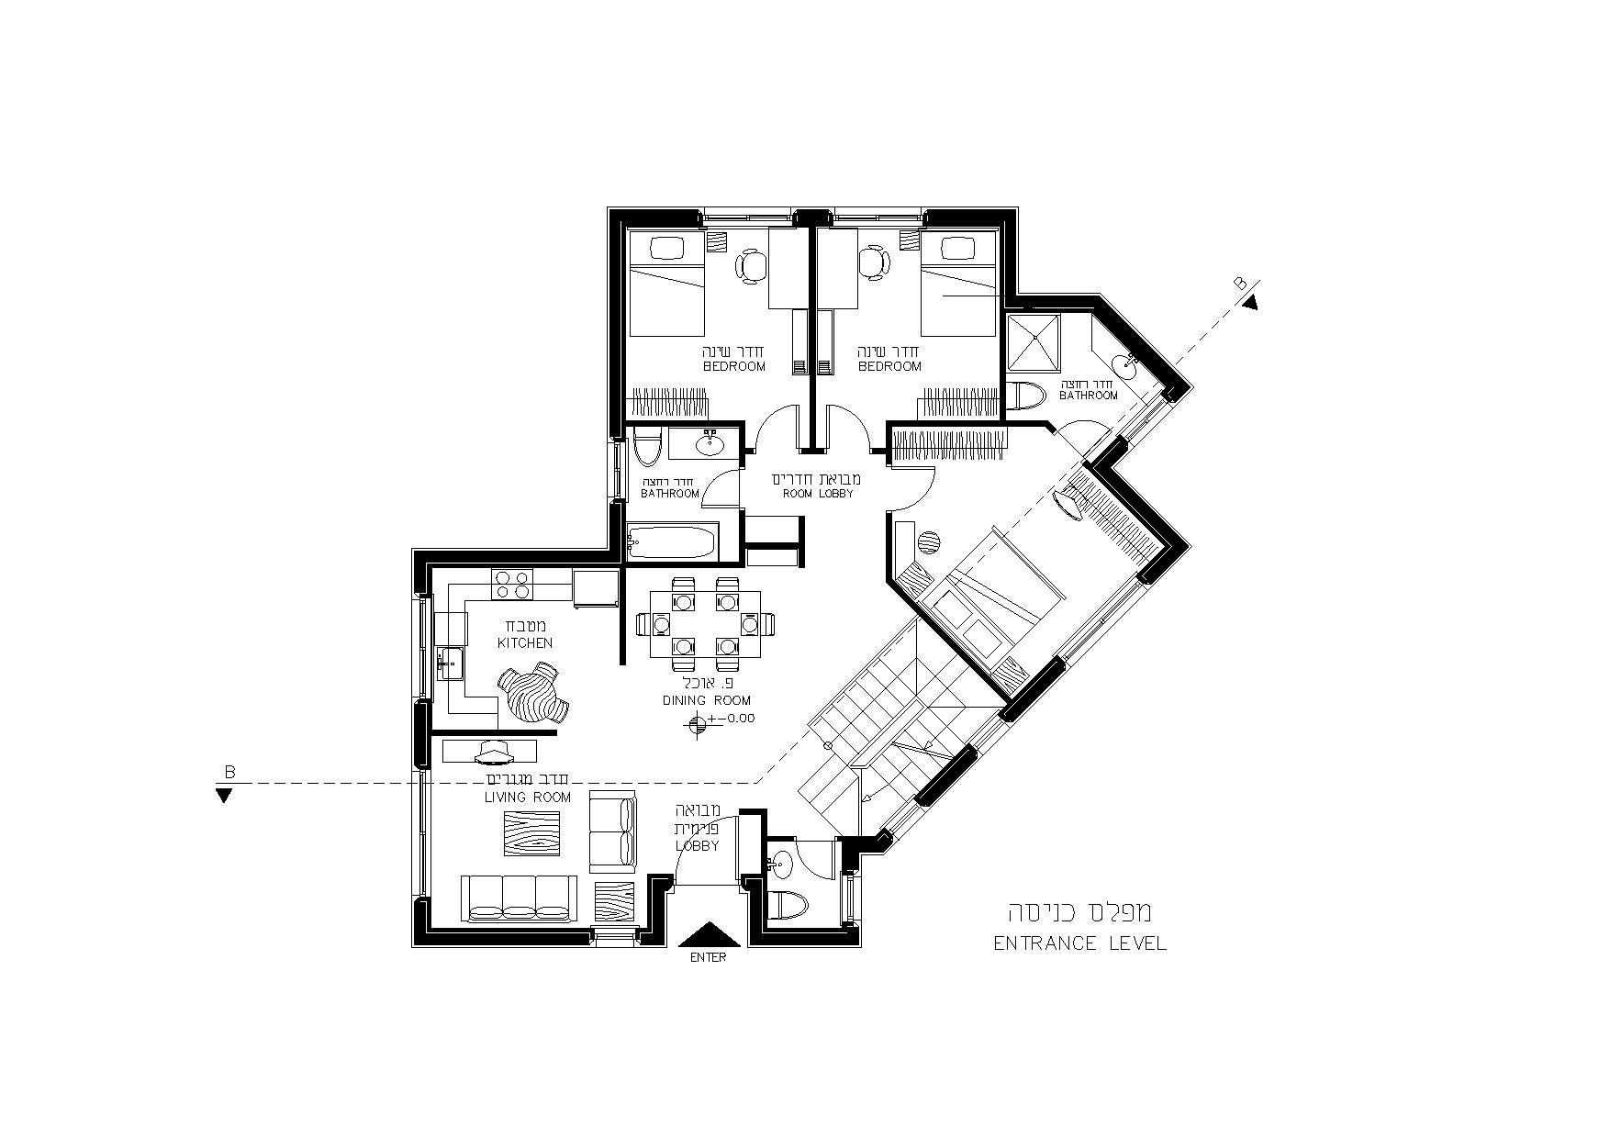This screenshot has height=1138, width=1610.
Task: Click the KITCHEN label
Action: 525,643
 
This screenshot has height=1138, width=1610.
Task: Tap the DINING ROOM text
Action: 707,700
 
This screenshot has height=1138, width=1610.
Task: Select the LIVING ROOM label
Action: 528,798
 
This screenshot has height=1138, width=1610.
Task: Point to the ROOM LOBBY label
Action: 817,494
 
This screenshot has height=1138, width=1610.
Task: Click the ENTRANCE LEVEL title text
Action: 1080,943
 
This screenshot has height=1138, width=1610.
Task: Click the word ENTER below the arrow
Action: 709,957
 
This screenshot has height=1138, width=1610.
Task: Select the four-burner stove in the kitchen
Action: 512,585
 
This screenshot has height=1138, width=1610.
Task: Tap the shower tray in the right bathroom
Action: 1034,341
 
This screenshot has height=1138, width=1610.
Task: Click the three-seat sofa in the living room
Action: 519,898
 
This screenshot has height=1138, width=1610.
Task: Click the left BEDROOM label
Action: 734,367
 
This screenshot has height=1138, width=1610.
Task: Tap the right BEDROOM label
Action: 889,367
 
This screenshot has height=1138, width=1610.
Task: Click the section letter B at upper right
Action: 1241,284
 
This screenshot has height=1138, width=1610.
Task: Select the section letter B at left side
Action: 229,773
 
